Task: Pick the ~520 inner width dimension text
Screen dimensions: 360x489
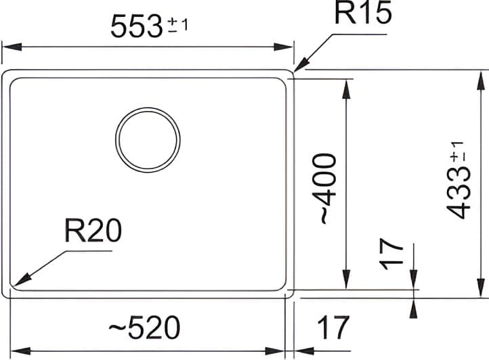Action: coord(145,329)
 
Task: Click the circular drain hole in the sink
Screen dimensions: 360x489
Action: coord(148,139)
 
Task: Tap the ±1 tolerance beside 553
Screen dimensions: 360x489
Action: coord(177,25)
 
